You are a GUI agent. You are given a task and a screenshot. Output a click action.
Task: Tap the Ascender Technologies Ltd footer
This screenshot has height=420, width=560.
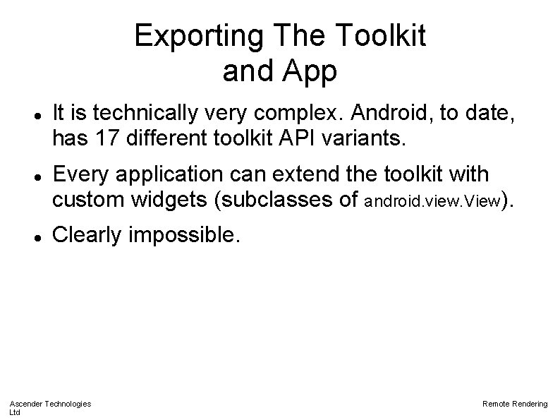[x=49, y=407]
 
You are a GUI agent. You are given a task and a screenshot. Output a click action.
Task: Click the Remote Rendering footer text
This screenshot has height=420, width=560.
[x=514, y=403]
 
